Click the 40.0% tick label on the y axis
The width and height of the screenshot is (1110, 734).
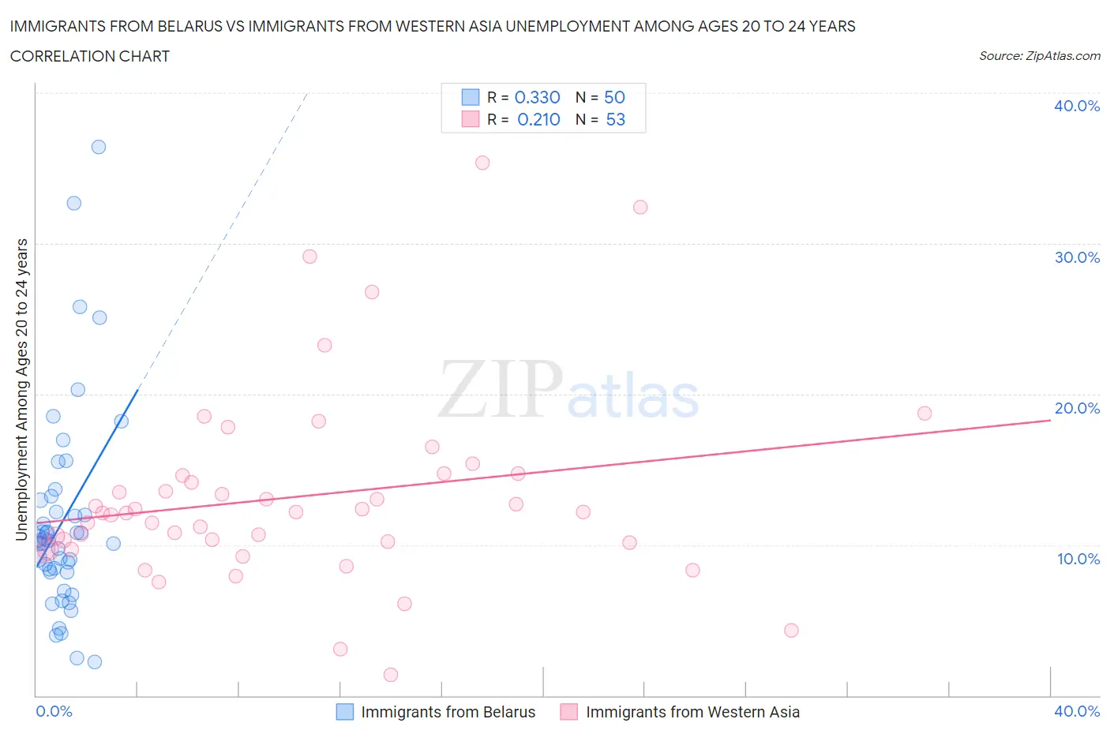[1076, 106]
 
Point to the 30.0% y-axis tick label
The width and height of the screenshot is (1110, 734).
[1076, 257]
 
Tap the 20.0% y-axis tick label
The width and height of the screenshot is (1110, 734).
[1076, 408]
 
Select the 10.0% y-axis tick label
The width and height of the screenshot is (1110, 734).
[1078, 559]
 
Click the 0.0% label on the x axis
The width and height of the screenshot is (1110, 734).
[54, 711]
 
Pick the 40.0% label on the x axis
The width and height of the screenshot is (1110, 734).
[1076, 711]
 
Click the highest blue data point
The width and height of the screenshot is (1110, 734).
[99, 147]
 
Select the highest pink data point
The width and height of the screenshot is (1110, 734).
[482, 163]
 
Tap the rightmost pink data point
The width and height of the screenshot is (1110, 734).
[924, 414]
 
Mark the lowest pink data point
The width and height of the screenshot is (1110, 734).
[391, 675]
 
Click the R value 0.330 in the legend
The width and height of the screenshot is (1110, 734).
[537, 97]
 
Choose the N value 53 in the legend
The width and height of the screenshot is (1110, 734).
[615, 119]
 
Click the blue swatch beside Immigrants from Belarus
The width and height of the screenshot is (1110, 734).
[345, 712]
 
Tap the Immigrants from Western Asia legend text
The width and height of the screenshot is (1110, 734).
[692, 712]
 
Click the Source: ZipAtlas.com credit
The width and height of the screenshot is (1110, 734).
[1039, 56]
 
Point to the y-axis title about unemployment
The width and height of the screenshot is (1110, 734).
[22, 390]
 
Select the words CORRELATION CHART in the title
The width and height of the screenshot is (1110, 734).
[90, 56]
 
